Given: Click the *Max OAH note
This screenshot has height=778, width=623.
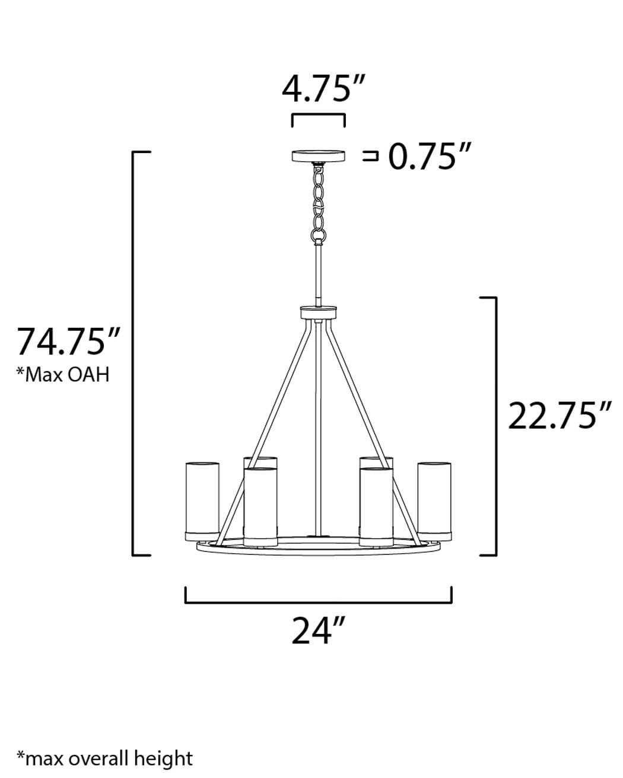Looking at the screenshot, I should point(63,375).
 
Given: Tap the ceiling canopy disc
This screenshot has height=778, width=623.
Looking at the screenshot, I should point(318,157).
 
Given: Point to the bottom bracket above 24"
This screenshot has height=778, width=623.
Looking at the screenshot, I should point(319,601).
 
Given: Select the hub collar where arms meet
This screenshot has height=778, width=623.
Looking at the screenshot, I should point(319,313).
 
